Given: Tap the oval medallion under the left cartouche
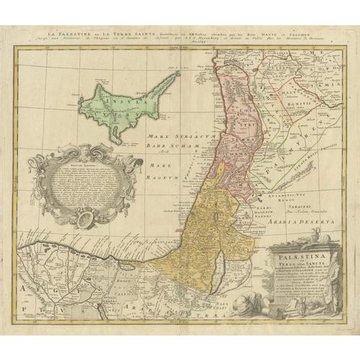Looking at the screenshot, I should [x=85, y=218].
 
